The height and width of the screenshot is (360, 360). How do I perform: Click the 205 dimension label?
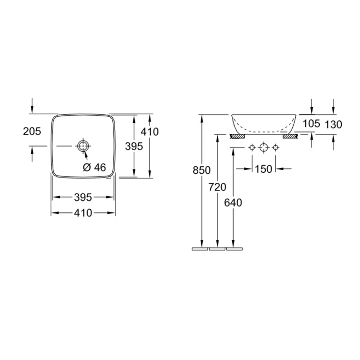tap(32, 131)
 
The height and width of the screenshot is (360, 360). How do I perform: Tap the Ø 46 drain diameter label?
tap(94, 168)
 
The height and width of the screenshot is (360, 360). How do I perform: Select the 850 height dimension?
tap(202, 170)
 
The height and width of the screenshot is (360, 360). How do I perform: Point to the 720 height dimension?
tap(217, 187)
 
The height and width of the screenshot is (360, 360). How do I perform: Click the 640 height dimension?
tap(233, 203)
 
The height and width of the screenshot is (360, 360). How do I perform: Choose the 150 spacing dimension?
tap(264, 169)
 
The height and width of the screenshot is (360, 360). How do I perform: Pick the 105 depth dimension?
tap(311, 124)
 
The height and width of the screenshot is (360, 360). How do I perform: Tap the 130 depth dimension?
tap(334, 125)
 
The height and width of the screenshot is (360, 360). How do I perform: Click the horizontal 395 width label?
tap(83, 197)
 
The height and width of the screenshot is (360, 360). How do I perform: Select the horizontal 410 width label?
tap(83, 213)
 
